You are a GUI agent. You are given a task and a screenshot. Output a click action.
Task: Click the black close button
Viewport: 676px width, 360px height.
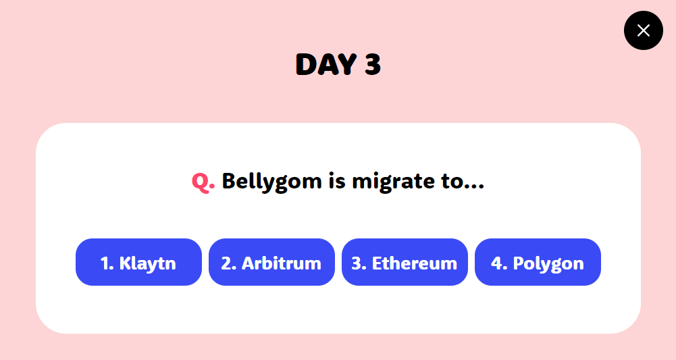643,30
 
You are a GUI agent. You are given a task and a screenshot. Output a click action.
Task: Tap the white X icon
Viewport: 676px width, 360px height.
643,30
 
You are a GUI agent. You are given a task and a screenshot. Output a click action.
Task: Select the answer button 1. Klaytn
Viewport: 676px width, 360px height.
138,262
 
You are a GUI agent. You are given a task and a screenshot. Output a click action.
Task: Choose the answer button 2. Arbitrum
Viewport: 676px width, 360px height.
271,262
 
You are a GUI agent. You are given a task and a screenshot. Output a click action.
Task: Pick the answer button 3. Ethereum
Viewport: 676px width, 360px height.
405,262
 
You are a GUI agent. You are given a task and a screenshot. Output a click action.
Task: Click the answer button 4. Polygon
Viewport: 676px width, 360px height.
538,262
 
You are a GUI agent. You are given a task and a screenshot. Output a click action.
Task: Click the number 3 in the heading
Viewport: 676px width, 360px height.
373,65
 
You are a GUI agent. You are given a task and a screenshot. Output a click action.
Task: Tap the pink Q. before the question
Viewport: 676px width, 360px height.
203,181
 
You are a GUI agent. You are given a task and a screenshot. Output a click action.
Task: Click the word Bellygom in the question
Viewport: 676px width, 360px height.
271,182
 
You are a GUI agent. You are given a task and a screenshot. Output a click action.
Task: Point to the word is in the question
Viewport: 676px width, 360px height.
337,181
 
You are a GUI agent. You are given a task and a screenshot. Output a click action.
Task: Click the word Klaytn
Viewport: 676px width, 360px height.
148,263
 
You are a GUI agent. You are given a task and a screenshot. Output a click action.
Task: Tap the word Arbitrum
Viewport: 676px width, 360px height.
282,263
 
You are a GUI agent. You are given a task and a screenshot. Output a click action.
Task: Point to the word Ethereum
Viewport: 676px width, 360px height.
415,263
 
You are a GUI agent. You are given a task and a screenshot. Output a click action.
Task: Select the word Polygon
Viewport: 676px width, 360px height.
548,263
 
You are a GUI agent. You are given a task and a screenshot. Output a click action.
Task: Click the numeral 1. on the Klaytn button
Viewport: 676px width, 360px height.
107,263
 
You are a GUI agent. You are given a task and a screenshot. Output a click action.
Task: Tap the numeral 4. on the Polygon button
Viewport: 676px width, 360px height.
499,263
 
